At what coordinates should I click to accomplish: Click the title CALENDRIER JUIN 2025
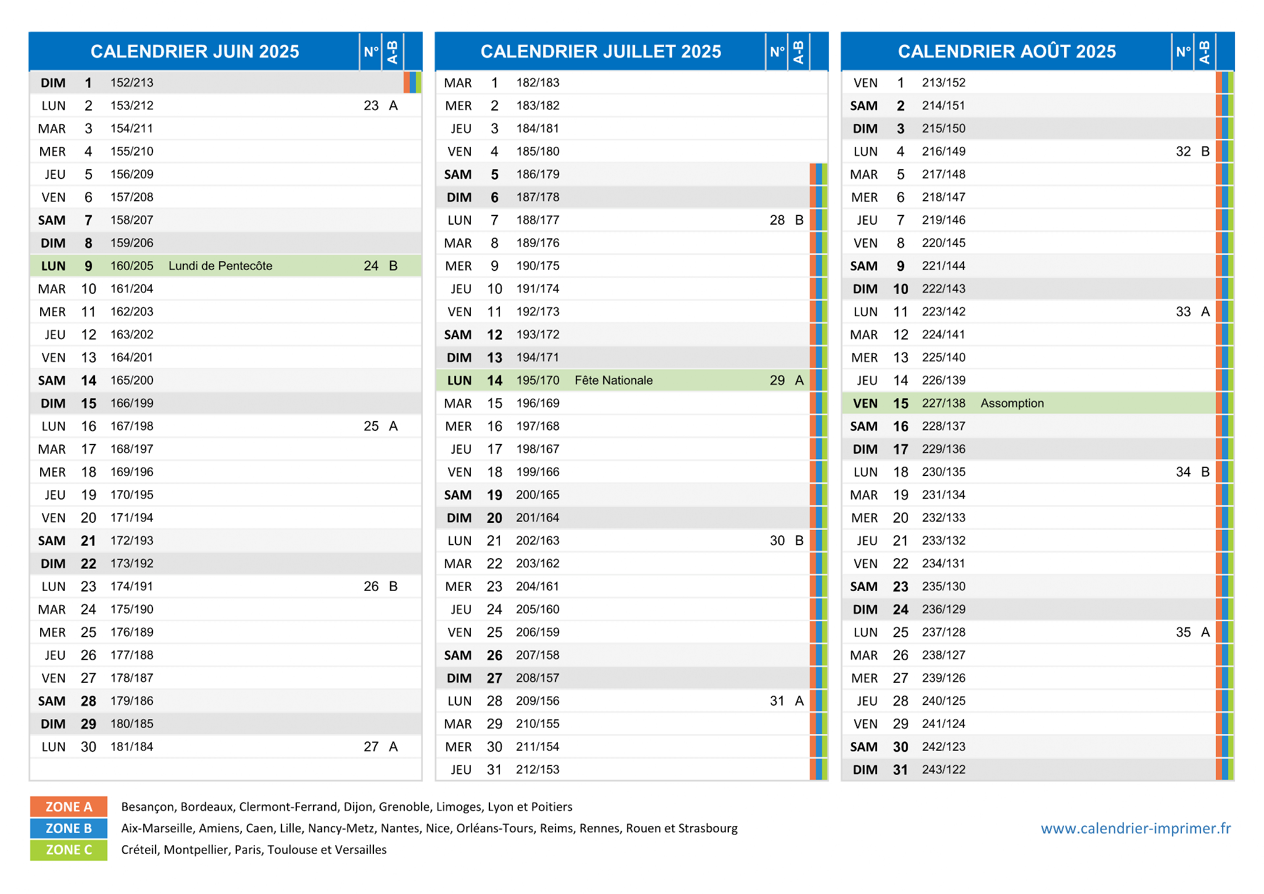[x=195, y=51]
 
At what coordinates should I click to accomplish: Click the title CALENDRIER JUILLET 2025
[x=601, y=51]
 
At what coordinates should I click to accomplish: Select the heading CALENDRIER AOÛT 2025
[x=1007, y=51]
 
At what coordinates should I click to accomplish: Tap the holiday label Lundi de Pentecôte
[x=220, y=266]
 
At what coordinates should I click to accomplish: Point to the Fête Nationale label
[x=613, y=380]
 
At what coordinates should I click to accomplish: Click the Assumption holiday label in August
[x=1012, y=403]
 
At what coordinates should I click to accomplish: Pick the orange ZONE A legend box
[x=69, y=807]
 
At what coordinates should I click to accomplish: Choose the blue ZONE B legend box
[x=69, y=829]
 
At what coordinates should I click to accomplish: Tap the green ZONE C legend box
[x=69, y=850]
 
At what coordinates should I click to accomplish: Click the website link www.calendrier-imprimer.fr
[x=1136, y=829]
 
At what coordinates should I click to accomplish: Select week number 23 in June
[x=371, y=106]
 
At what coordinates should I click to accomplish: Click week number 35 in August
[x=1183, y=632]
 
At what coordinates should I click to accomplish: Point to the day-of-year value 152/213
[x=132, y=83]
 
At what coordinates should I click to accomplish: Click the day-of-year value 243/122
[x=944, y=770]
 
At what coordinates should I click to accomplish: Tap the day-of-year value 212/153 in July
[x=538, y=770]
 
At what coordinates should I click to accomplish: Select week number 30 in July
[x=777, y=541]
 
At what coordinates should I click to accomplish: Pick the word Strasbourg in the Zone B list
[x=708, y=829]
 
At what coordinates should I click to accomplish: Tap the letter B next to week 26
[x=393, y=587]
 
